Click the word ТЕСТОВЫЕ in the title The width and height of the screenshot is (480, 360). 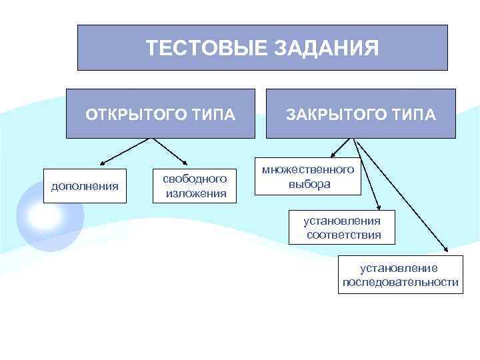coord(205,48)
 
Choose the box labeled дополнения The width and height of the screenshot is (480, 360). coord(85,186)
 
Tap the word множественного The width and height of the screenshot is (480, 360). coord(308,169)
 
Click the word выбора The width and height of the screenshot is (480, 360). coord(309,184)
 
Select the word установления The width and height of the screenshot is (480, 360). coord(343,221)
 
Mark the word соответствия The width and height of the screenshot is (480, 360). coord(344,235)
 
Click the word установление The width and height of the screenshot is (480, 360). coord(399,268)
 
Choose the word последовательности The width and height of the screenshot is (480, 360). coord(401,282)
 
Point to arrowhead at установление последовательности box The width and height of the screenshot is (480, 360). coord(445,252)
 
